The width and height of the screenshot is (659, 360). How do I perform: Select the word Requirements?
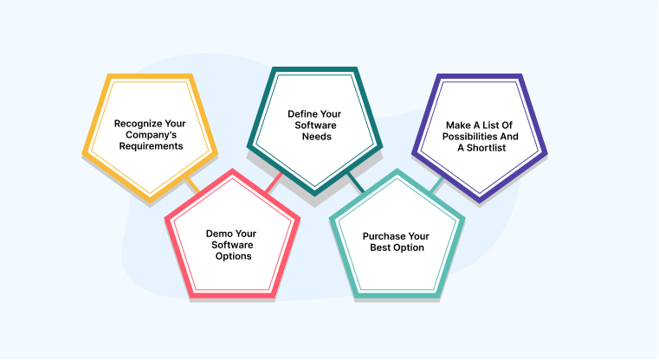click(150, 146)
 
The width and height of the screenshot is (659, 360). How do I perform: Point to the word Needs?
click(316, 137)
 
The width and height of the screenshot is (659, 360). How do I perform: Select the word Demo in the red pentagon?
click(218, 233)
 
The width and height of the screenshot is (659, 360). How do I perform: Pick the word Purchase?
click(384, 235)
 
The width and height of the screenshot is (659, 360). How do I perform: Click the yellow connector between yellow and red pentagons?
click(193, 185)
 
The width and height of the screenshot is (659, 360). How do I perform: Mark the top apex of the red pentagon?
click(232, 171)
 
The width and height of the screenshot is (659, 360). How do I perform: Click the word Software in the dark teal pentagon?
click(315, 125)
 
